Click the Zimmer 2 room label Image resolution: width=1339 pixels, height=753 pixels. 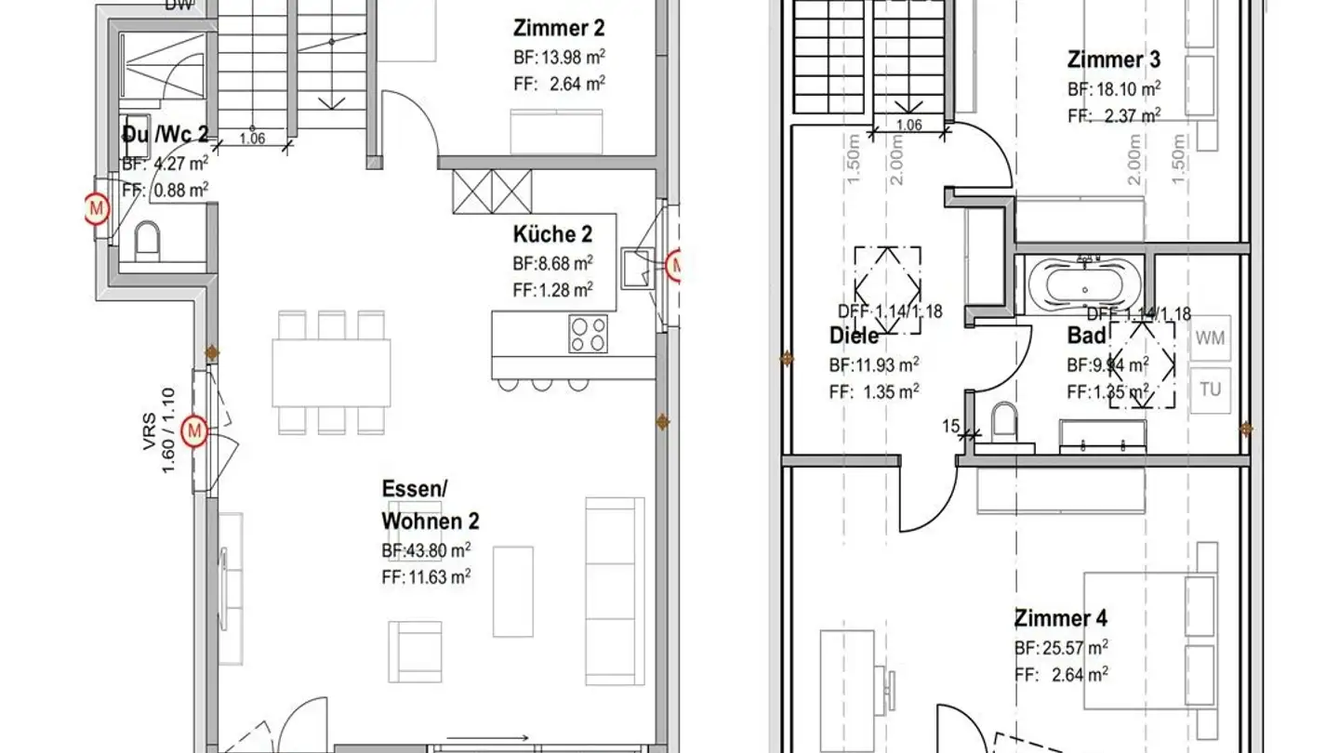click(x=558, y=27)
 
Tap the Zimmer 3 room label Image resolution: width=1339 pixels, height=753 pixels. click(x=1113, y=60)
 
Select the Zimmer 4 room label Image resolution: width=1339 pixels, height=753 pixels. click(x=1061, y=618)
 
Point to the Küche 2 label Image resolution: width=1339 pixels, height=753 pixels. click(x=552, y=234)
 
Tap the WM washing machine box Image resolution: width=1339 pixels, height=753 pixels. click(x=1210, y=338)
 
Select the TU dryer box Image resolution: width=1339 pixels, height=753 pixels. click(x=1210, y=390)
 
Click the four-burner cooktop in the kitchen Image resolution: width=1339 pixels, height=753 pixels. click(x=589, y=334)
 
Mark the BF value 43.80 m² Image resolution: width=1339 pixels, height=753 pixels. click(x=426, y=549)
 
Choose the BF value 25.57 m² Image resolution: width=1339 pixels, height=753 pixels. click(x=1061, y=648)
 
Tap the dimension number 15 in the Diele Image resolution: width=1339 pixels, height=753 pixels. click(x=950, y=427)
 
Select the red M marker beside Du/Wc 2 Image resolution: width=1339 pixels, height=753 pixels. click(x=96, y=210)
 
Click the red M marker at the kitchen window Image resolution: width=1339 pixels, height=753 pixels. click(x=675, y=267)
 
